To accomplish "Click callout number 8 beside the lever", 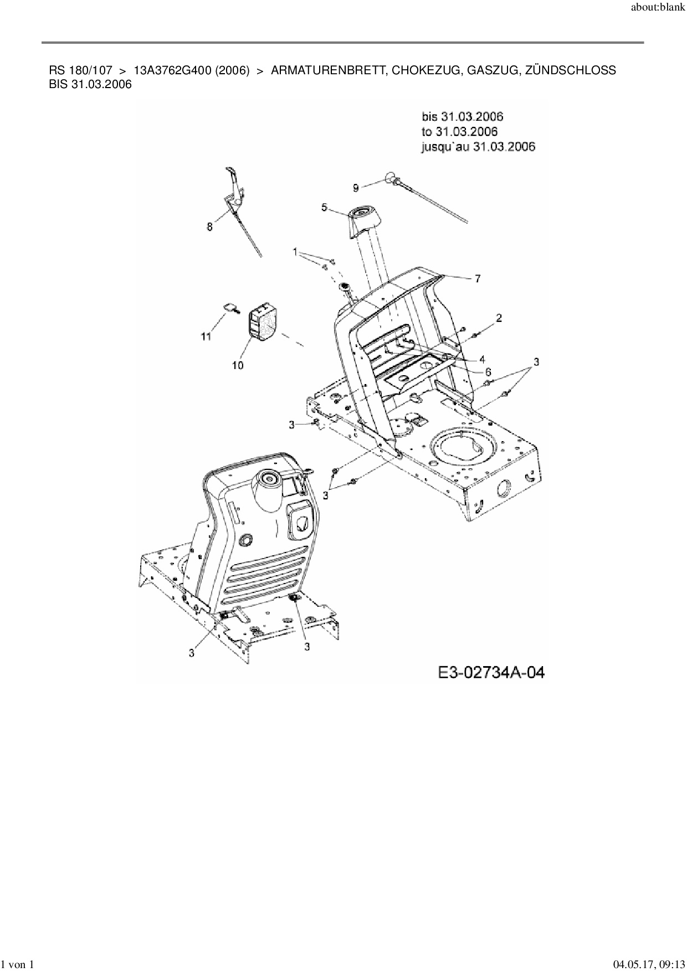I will click(x=209, y=226).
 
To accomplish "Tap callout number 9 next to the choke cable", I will click(x=356, y=188).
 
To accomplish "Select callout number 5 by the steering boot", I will click(x=324, y=207).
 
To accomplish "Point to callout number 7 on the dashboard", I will click(x=478, y=279).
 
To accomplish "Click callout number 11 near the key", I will click(x=206, y=336).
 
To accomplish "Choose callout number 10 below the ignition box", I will click(x=238, y=365).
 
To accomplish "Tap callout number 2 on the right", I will click(x=499, y=318).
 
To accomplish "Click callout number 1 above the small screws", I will click(x=296, y=252).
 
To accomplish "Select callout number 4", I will click(x=482, y=359).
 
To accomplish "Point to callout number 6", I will click(x=488, y=371).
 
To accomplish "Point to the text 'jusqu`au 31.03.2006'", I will click(x=478, y=147).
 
